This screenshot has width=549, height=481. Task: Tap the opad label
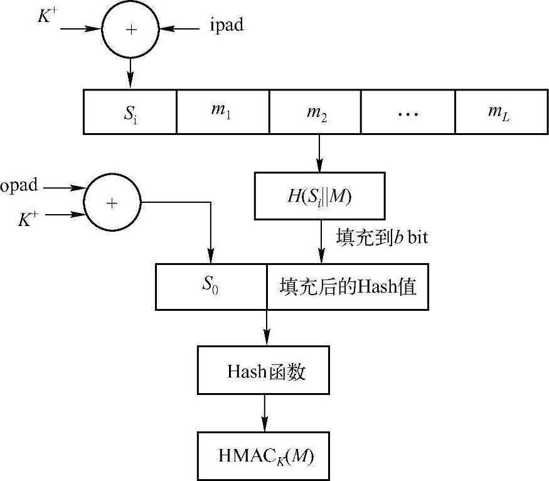(19, 186)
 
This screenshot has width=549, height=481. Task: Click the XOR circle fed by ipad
(130, 30)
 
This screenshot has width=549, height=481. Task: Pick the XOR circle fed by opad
(112, 202)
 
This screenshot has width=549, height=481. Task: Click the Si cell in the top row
(130, 112)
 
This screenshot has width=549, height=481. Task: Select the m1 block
(223, 112)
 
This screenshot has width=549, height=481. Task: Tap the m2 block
(316, 112)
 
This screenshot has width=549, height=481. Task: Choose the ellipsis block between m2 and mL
(408, 112)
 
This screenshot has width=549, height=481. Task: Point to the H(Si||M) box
(319, 196)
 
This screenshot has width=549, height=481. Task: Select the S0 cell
(211, 286)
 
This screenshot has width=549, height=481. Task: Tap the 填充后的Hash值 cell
(347, 286)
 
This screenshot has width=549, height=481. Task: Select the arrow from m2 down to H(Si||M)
(319, 153)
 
